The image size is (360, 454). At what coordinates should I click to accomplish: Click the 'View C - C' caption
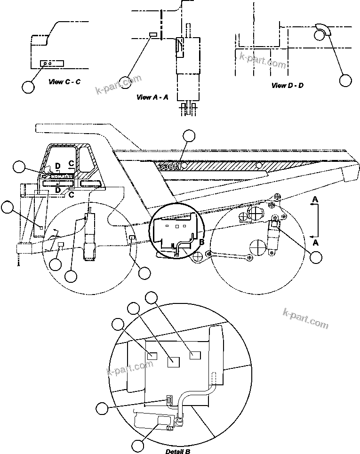coord(64,82)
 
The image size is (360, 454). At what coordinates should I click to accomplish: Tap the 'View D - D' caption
coord(288,86)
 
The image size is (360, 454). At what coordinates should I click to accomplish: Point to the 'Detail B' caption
coord(178,451)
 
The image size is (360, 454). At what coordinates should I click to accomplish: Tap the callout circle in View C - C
coord(28,86)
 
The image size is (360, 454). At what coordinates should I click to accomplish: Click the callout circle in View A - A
coord(125,82)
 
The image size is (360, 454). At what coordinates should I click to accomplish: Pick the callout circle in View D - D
coord(346,80)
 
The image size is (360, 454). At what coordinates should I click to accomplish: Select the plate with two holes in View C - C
coord(47,63)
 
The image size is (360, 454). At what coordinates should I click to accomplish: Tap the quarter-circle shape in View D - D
coord(322,31)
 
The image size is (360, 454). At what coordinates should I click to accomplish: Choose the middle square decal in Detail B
coord(174,361)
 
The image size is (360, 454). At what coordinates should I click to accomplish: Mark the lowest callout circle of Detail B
coord(137,445)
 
